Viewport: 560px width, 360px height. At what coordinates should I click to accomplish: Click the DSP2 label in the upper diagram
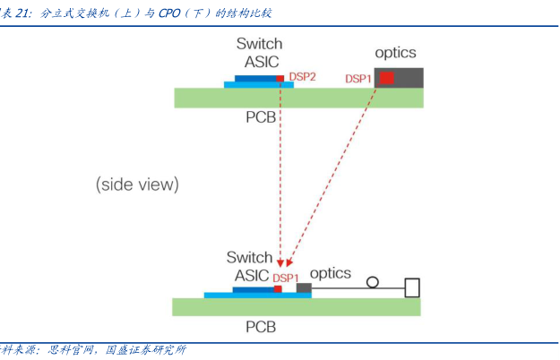pos(302,77)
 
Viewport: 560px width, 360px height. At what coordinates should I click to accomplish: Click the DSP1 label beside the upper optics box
pos(358,79)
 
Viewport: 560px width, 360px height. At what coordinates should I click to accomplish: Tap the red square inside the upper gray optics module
pos(386,79)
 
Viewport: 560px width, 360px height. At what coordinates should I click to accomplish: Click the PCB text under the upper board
pos(261,117)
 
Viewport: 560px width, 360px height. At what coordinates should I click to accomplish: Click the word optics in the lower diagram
pos(331,273)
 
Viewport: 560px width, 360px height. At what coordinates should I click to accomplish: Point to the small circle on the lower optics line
pos(372,282)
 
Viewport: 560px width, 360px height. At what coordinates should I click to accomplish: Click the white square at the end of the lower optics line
pos(412,287)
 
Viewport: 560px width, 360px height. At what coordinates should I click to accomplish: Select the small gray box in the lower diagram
pos(304,287)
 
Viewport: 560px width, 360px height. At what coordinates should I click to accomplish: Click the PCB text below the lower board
pos(261,327)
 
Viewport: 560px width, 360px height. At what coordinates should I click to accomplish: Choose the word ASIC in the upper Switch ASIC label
pos(262,62)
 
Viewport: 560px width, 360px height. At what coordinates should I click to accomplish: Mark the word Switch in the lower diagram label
pos(249,258)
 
